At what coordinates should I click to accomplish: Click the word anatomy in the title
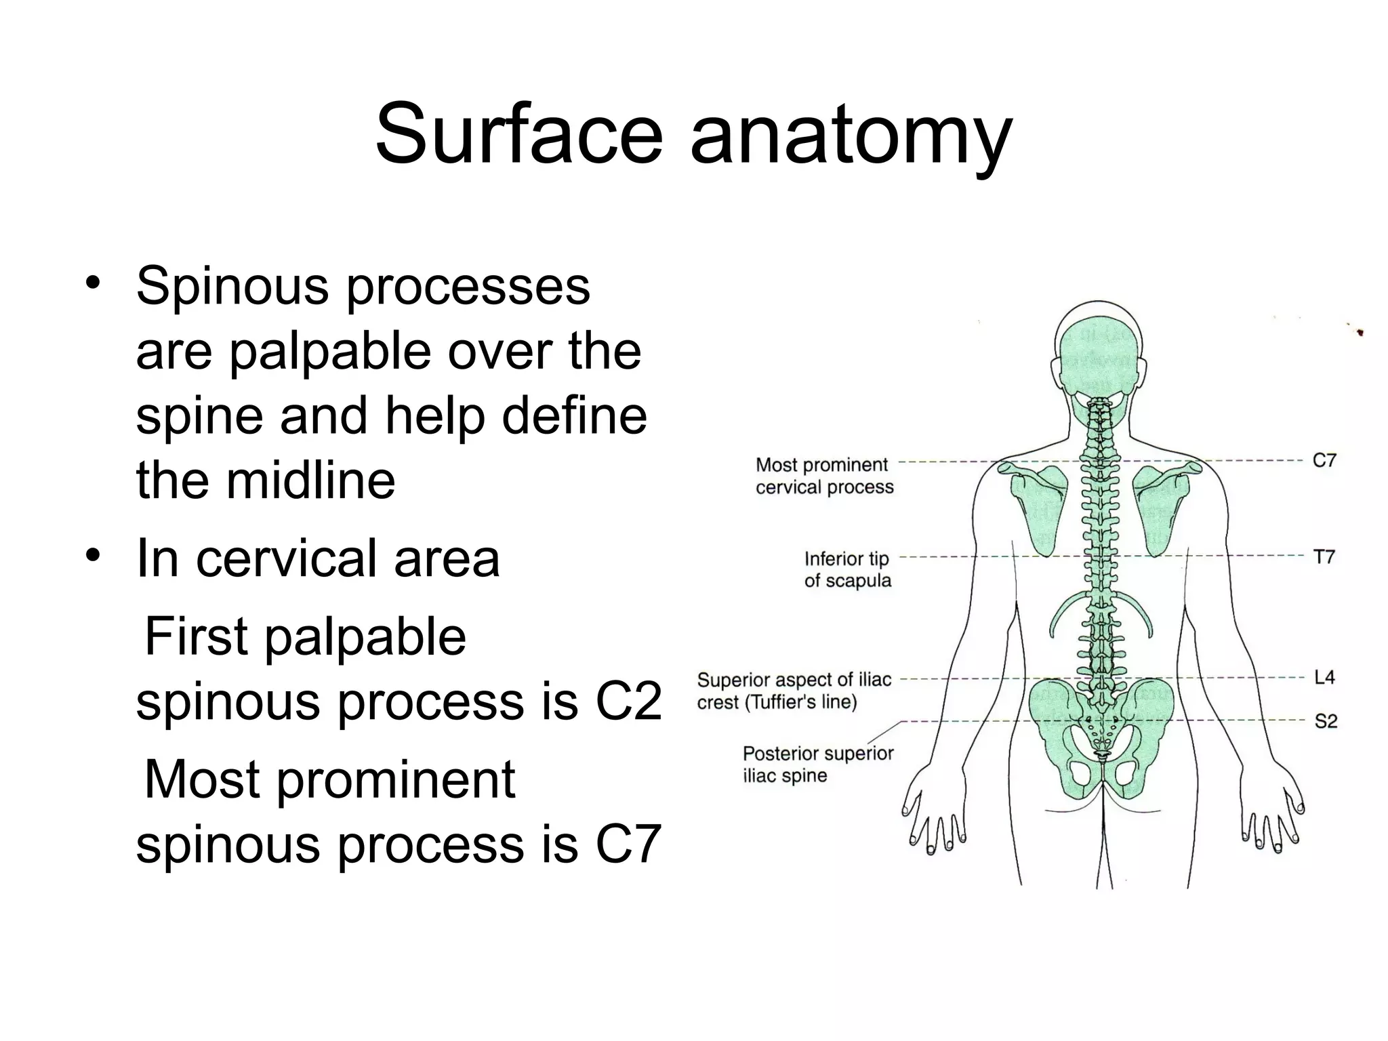851,139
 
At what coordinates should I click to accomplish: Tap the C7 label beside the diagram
1324,461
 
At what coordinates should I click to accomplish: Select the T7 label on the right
1324,557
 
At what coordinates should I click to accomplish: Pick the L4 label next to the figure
1324,677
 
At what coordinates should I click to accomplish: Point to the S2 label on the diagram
1326,721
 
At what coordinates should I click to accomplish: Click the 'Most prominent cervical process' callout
824,476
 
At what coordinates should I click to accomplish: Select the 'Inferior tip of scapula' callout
847,569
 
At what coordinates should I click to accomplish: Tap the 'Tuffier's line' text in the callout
801,702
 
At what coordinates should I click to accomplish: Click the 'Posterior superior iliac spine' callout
818,764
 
